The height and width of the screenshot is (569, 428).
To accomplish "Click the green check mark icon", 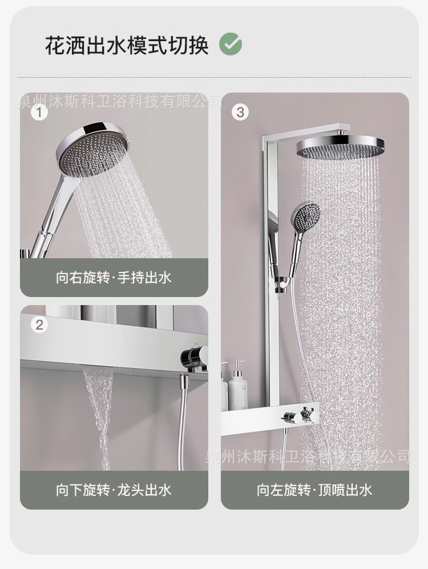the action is (x=231, y=44).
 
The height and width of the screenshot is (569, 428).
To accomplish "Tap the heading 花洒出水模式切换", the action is (x=127, y=45).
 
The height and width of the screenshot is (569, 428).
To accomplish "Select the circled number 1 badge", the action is (x=39, y=113).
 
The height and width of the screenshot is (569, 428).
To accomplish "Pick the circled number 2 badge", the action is (x=39, y=324).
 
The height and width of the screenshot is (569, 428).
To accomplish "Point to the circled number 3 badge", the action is (x=240, y=112).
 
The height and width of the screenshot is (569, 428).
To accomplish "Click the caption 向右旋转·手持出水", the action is (x=114, y=278).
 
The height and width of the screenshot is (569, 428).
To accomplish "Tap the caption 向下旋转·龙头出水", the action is (x=114, y=490).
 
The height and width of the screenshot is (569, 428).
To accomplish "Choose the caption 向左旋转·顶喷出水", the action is (x=314, y=490).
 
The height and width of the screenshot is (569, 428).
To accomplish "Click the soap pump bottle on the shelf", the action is (x=238, y=384).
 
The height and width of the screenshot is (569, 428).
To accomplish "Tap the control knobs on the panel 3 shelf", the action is (x=301, y=415).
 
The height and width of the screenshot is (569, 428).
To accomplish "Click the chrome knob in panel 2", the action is (x=195, y=356).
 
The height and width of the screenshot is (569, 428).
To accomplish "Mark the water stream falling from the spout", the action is (x=99, y=417).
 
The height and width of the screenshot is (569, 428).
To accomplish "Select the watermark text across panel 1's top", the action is (x=120, y=101).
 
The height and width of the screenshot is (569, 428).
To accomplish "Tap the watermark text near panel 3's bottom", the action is (x=308, y=456).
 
